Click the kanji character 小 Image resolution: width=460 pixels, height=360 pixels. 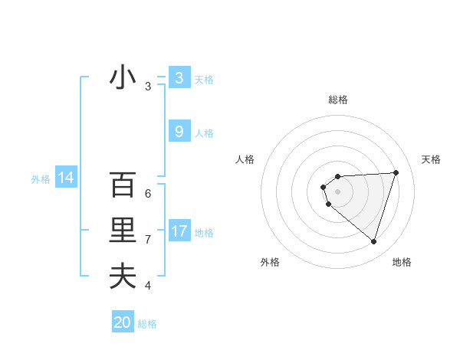click(x=123, y=78)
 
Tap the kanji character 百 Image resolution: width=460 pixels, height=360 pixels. click(x=123, y=186)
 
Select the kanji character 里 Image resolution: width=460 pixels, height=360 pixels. click(x=123, y=231)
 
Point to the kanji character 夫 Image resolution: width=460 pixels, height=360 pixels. click(x=123, y=276)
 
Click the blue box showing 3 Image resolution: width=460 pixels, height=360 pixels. click(x=179, y=77)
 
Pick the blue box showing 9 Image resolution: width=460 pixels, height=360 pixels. click(x=179, y=132)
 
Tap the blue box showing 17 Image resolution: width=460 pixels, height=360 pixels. click(x=179, y=231)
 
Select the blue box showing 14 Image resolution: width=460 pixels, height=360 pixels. click(x=65, y=178)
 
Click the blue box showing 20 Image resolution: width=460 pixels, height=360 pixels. click(x=123, y=322)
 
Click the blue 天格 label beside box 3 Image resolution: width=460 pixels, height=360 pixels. click(x=204, y=79)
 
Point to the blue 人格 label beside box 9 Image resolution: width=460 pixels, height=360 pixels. click(x=204, y=133)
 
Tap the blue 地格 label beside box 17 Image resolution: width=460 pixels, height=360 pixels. click(x=204, y=233)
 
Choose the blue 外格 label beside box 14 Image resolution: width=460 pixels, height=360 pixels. click(x=41, y=179)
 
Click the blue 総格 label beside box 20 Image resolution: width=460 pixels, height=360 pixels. click(x=147, y=324)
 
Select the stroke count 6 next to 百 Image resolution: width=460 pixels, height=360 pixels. click(x=148, y=194)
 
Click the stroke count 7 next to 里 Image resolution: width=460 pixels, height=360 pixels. click(x=148, y=240)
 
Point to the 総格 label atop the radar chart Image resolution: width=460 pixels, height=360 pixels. click(x=338, y=100)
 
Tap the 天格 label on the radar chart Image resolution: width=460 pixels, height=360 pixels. click(x=431, y=159)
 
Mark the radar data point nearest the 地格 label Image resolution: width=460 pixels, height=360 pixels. click(x=373, y=242)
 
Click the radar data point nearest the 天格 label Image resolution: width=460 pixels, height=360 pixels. click(x=396, y=172)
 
